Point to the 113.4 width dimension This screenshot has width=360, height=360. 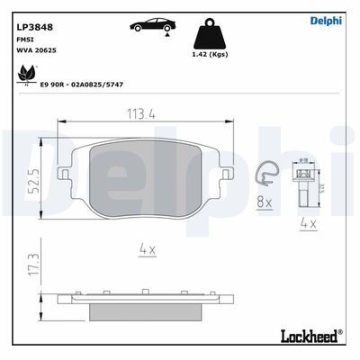coord(139,113)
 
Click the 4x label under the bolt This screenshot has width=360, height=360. coord(308,223)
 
